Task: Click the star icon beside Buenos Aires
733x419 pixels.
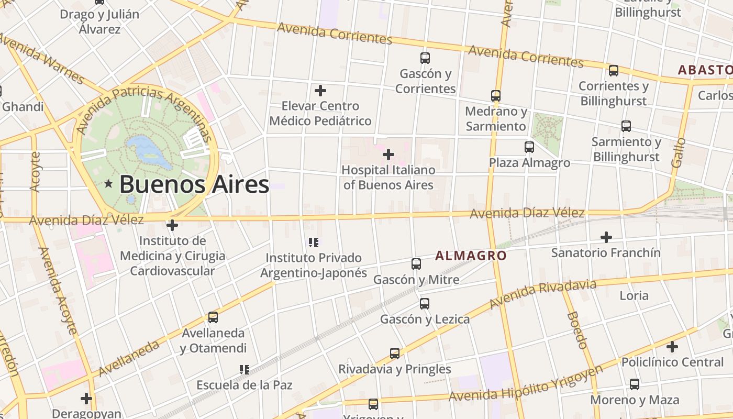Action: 108,184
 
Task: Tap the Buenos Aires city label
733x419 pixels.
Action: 194,184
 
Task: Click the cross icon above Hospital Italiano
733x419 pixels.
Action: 388,155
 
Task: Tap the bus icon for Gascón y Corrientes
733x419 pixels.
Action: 425,58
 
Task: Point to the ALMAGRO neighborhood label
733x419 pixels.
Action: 471,256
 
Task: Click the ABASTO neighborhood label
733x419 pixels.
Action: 705,70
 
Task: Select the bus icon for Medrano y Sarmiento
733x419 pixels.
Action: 496,96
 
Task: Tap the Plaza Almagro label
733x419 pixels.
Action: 529,163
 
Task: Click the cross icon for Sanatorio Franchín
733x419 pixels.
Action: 606,237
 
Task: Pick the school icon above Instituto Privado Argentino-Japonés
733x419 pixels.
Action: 314,242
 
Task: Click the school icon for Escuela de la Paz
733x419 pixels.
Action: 244,370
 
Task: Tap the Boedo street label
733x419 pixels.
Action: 577,330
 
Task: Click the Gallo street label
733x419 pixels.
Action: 678,152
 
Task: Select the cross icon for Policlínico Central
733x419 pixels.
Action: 672,347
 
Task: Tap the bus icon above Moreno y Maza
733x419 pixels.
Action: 635,384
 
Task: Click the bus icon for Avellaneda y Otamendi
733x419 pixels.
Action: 213,317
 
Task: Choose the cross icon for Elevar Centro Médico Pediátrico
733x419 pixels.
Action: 320,91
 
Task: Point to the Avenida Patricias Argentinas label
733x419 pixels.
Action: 144,110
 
